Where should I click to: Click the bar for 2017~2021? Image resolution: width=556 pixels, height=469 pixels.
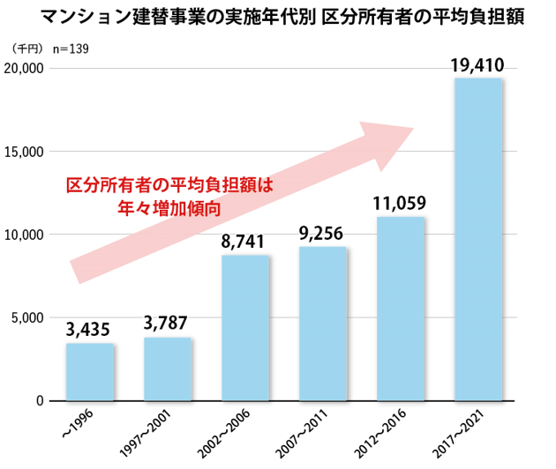477,239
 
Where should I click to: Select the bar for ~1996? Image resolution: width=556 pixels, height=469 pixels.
90,372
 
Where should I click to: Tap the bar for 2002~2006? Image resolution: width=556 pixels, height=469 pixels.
245,328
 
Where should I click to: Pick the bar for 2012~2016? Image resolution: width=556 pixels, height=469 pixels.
401,309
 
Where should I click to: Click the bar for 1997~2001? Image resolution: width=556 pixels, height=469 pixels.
168,368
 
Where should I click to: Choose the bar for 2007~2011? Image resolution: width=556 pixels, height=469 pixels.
323,324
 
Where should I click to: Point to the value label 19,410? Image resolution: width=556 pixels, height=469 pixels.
477,63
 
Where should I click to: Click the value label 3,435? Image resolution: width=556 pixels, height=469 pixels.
88,330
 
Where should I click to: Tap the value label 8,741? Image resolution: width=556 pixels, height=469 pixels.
244,242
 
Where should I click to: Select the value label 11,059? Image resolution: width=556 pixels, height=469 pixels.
400,204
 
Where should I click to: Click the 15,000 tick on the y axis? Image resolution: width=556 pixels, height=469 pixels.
26,152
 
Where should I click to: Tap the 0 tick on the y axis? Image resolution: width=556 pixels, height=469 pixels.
40,401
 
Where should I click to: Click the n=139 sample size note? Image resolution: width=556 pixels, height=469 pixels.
73,50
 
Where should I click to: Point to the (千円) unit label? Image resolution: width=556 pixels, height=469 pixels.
27,50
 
